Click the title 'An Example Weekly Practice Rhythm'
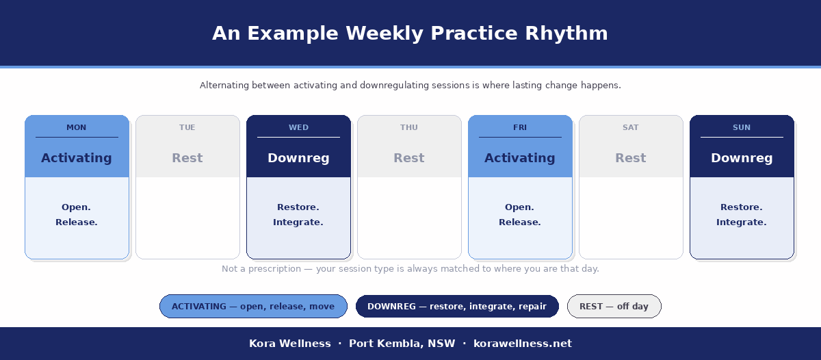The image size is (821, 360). (x=410, y=34)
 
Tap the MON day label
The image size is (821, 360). (x=77, y=127)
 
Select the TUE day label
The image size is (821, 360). (x=187, y=127)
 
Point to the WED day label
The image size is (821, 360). (x=298, y=127)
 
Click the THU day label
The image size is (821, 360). (x=409, y=127)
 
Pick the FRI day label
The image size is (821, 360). (x=520, y=127)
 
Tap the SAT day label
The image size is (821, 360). (x=631, y=127)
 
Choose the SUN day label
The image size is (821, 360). (x=742, y=127)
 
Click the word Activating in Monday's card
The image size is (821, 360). (x=77, y=158)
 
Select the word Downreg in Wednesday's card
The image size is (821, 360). (x=298, y=158)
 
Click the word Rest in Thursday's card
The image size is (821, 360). (x=409, y=158)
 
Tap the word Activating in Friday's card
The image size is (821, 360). (x=520, y=158)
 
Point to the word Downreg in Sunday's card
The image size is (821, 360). (x=742, y=158)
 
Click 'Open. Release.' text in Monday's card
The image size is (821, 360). (x=77, y=214)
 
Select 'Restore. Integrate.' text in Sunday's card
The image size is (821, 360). (x=742, y=214)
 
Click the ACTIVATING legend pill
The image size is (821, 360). (x=253, y=307)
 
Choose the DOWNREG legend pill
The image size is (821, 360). (x=457, y=307)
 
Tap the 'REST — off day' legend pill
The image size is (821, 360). (x=614, y=307)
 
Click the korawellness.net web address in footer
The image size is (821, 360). (x=523, y=344)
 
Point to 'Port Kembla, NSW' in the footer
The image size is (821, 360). (x=402, y=344)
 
